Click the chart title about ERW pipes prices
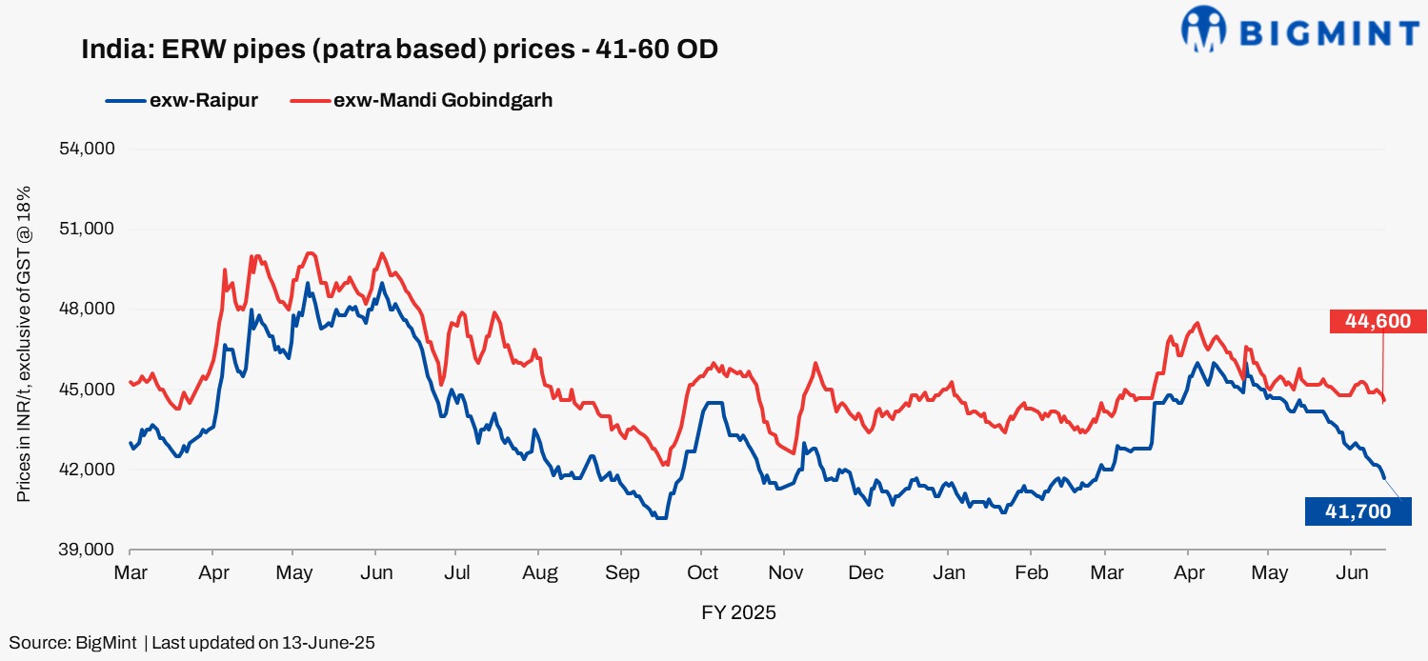coord(399,50)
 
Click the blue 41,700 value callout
coord(1358,511)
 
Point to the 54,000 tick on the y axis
coord(88,149)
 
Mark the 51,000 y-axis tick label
coord(88,229)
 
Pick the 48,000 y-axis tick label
coord(88,309)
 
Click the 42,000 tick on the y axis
coord(88,470)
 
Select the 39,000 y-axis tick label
coord(88,550)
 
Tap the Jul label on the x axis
coord(456,573)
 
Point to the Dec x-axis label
coord(865,573)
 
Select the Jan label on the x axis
coord(948,573)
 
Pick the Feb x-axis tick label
coord(1031,573)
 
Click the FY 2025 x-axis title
coord(738,612)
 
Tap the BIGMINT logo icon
coord(1203,29)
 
